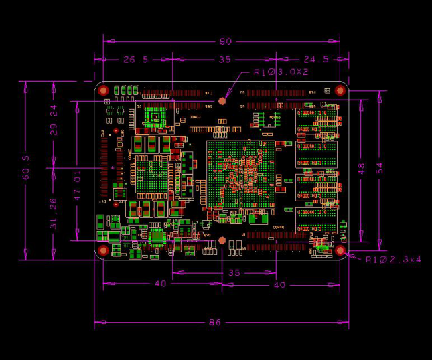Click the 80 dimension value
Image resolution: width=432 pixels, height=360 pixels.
226,41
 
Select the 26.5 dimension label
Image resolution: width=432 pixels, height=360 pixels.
136,60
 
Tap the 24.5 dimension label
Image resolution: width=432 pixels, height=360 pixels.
316,60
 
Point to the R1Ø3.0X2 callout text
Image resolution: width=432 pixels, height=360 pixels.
281,72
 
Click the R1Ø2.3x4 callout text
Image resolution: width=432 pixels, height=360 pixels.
393,259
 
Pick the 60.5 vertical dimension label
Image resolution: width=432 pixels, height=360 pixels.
26,167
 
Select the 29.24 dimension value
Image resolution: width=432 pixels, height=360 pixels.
54,120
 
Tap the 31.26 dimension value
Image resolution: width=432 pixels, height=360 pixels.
54,213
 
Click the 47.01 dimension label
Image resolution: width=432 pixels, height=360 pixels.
77,185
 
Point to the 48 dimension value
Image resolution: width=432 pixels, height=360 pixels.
362,167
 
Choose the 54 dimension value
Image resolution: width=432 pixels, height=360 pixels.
379,167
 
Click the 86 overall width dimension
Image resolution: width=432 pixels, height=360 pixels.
214,323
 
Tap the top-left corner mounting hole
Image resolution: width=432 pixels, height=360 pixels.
104,90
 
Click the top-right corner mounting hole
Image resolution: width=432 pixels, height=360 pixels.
340,90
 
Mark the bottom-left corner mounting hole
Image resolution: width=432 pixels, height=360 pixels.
104,250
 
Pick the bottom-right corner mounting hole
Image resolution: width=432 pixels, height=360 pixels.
340,250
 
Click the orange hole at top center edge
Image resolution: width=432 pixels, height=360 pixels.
222,100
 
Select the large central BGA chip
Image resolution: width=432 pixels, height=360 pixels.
240,173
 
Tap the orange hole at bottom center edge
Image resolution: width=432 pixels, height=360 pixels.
222,240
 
